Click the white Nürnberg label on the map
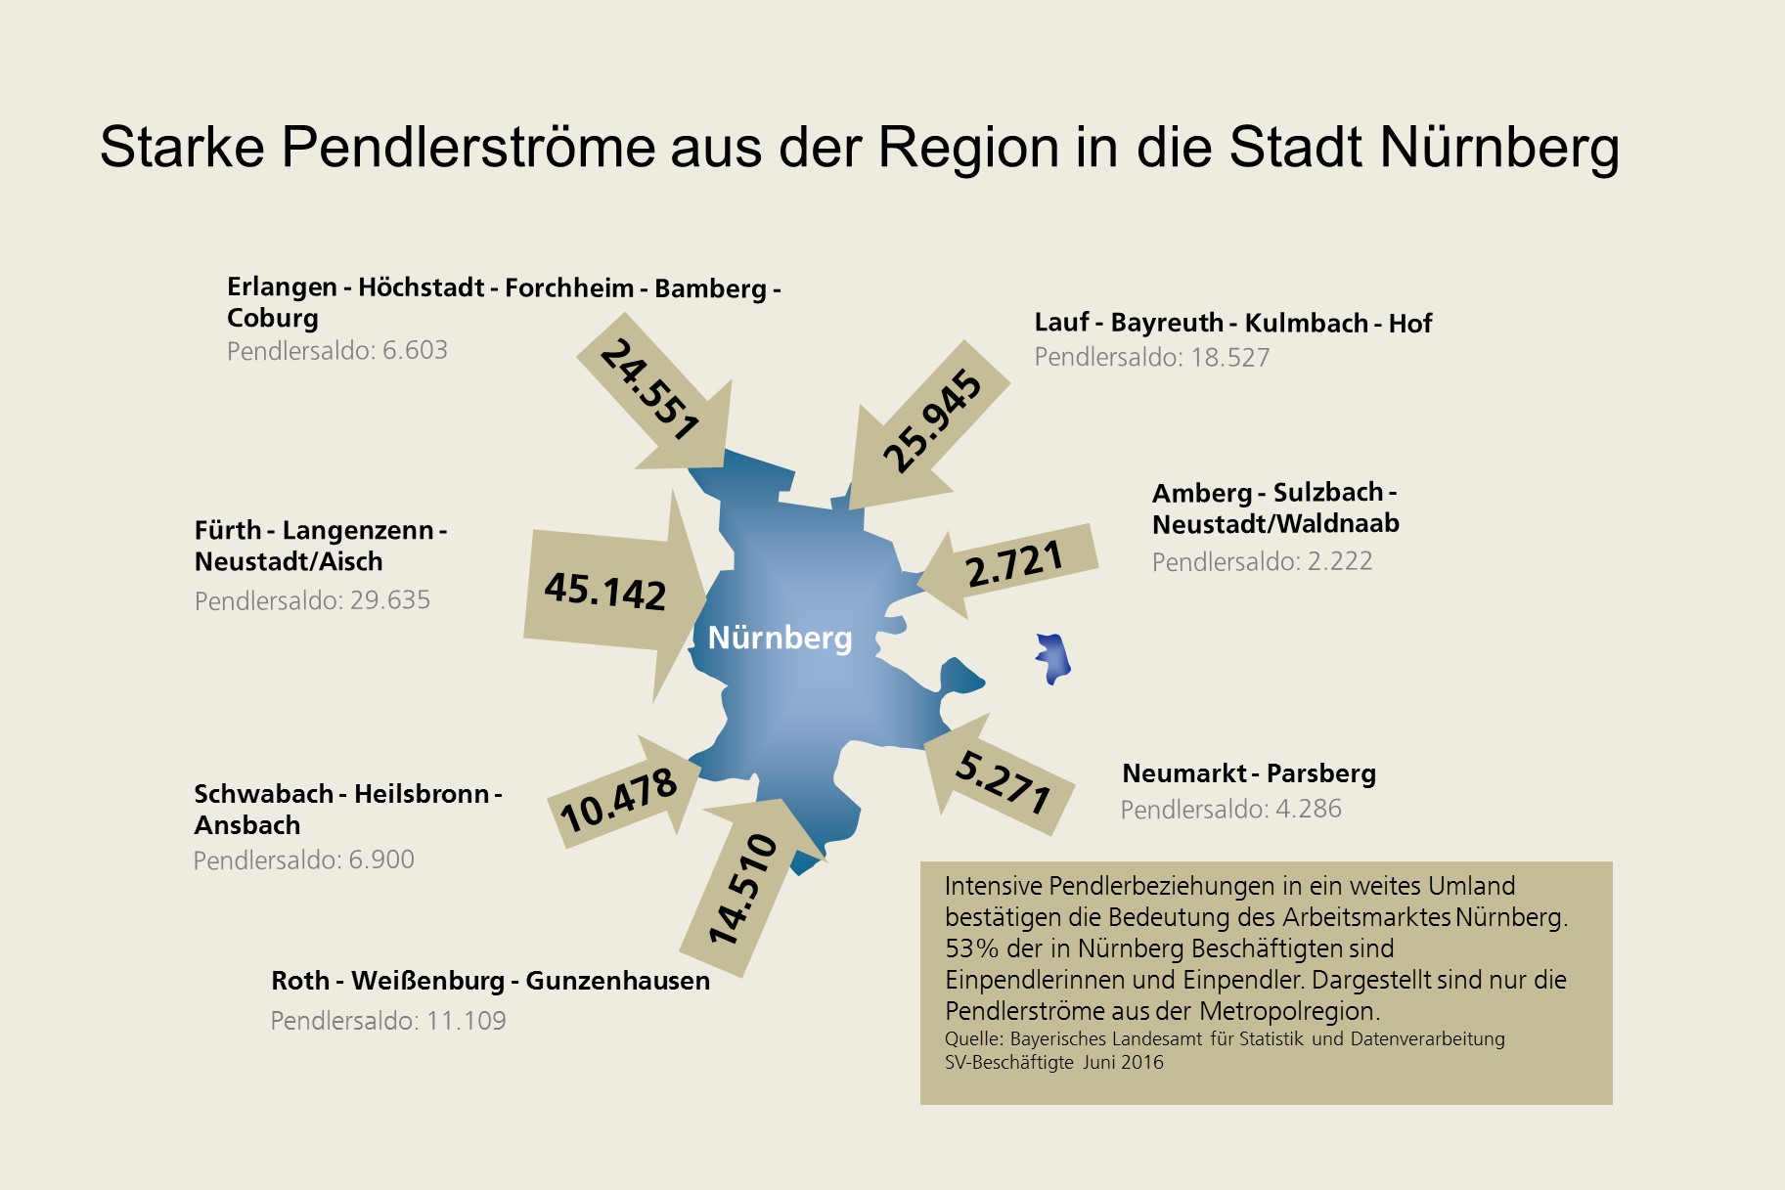[x=780, y=638]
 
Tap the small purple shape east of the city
[x=1053, y=658]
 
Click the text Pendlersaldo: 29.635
[x=312, y=600]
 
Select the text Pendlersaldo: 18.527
[x=1151, y=358]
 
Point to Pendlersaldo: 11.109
[x=388, y=1021]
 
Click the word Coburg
[x=273, y=318]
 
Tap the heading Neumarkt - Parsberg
[x=1248, y=773]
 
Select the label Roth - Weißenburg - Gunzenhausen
[x=490, y=981]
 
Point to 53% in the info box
[x=965, y=948]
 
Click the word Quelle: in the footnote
[x=973, y=1038]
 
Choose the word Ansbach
[x=247, y=825]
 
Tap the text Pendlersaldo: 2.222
[x=1262, y=561]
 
